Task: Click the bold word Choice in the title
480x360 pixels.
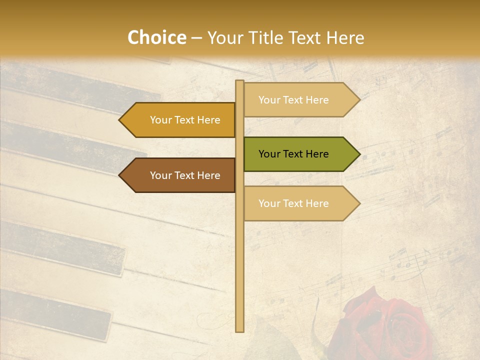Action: pyautogui.click(x=156, y=38)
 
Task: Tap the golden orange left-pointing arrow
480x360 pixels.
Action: pyautogui.click(x=180, y=120)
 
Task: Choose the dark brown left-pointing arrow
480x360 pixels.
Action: pyautogui.click(x=180, y=175)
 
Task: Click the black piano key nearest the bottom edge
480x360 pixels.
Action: pyautogui.click(x=55, y=315)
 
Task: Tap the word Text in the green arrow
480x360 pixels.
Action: pyautogui.click(x=294, y=154)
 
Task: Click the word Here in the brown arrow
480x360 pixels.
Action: pyautogui.click(x=208, y=175)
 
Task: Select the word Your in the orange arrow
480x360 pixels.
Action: pyautogui.click(x=161, y=120)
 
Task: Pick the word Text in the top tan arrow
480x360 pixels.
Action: pyautogui.click(x=294, y=100)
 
